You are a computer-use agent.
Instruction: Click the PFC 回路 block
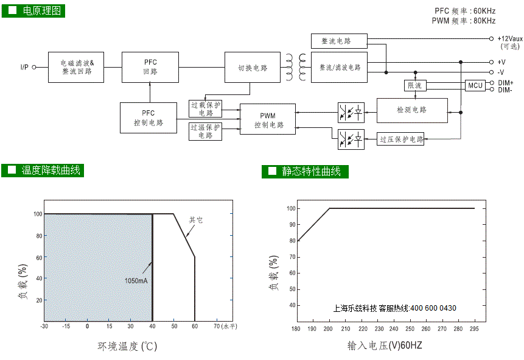(150, 67)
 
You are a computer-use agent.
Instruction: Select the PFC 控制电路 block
(148, 118)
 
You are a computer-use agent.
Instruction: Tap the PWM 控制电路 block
(268, 119)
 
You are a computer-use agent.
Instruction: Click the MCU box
(475, 85)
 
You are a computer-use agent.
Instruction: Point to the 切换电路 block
(253, 67)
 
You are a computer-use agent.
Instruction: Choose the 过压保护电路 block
(400, 139)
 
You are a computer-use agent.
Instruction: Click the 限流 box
(415, 86)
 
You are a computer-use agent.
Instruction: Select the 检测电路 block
(412, 110)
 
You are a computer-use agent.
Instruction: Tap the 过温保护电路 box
(205, 131)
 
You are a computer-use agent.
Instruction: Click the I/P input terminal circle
(33, 67)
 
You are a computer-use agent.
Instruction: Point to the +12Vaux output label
(510, 38)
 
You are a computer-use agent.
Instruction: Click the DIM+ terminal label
(506, 83)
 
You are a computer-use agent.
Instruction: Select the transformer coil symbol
(296, 67)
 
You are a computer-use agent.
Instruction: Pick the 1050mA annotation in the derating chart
(136, 281)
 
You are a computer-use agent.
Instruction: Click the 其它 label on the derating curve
(196, 220)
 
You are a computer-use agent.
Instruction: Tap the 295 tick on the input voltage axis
(474, 329)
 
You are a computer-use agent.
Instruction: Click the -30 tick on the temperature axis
(44, 326)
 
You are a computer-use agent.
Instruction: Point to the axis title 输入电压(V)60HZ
(385, 345)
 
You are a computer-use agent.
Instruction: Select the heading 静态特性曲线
(311, 171)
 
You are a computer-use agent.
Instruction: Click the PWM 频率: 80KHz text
(464, 21)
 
